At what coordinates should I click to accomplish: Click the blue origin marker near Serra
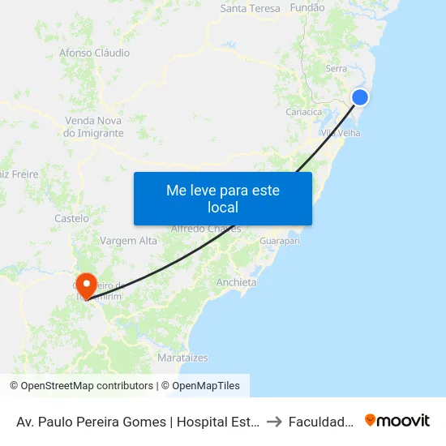[x=360, y=97]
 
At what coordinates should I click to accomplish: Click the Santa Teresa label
[x=250, y=8]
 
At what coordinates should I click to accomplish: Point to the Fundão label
[x=307, y=7]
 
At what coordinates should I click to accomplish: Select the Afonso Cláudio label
[x=94, y=53]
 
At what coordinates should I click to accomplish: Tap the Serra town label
[x=336, y=69]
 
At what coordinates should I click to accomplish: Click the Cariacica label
[x=304, y=113]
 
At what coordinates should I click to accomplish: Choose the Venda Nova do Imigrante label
[x=94, y=127]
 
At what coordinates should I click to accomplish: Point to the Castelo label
[x=71, y=218]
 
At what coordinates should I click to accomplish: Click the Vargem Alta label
[x=128, y=241]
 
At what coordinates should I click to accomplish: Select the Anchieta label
[x=236, y=282]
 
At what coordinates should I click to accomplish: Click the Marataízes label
[x=182, y=358]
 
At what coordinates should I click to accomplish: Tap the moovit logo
[x=397, y=420]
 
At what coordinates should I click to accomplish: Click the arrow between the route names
[x=273, y=421]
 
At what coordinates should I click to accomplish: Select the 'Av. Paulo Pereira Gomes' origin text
[x=137, y=421]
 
